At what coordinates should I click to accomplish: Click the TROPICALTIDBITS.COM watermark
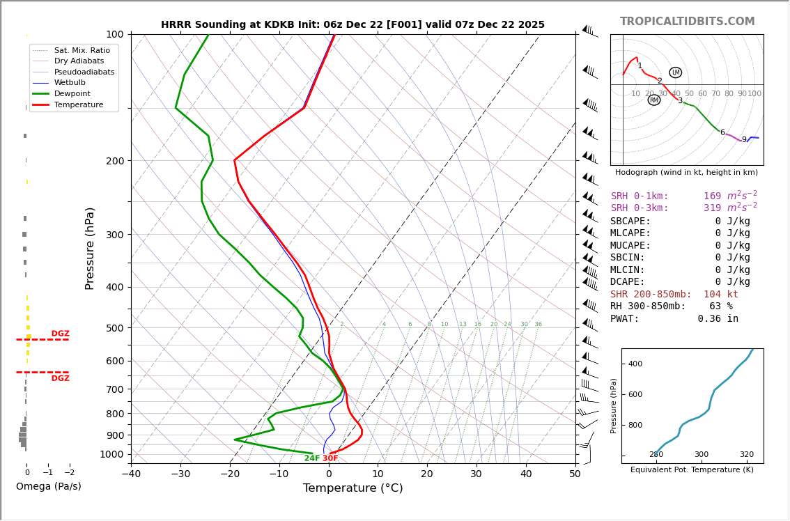pyautogui.click(x=687, y=22)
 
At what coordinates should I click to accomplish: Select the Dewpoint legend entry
pyautogui.click(x=72, y=94)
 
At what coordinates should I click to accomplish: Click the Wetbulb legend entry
pyautogui.click(x=72, y=83)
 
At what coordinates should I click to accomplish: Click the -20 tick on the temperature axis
pyautogui.click(x=230, y=474)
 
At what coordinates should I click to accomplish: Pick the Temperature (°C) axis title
pyautogui.click(x=353, y=488)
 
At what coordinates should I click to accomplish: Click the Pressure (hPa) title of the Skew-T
pyautogui.click(x=91, y=248)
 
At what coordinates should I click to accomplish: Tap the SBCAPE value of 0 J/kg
pyautogui.click(x=731, y=221)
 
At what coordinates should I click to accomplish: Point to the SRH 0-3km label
pyautogui.click(x=640, y=208)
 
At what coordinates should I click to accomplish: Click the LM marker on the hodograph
pyautogui.click(x=675, y=72)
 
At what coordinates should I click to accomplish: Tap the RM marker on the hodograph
pyautogui.click(x=653, y=100)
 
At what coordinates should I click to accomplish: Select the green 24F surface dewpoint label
pyautogui.click(x=311, y=458)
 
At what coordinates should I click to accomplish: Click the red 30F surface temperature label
pyautogui.click(x=330, y=458)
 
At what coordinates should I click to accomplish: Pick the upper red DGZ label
pyautogui.click(x=60, y=334)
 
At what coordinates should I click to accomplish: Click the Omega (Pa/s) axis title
pyautogui.click(x=49, y=487)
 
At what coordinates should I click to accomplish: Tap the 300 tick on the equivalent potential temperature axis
pyautogui.click(x=701, y=474)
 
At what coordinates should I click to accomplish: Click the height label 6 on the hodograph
pyautogui.click(x=722, y=133)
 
